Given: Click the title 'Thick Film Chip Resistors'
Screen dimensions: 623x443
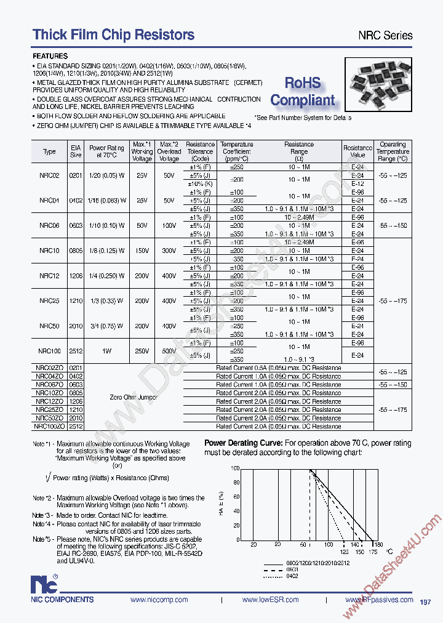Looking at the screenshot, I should coord(113,34).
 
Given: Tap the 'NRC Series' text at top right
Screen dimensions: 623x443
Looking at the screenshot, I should coord(385,35).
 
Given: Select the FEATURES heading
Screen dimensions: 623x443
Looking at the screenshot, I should coord(50,55).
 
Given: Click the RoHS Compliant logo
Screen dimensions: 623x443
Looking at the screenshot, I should coord(303,91).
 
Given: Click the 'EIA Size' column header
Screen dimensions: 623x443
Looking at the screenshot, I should coord(76,151).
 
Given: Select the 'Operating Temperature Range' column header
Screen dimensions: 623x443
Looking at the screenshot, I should coord(393,151).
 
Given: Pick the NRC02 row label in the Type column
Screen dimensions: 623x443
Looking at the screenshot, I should coord(49,175).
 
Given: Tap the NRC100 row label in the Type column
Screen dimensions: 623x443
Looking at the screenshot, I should coord(49,351).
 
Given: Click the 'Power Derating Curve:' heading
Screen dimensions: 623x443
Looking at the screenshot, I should coord(243,443).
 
